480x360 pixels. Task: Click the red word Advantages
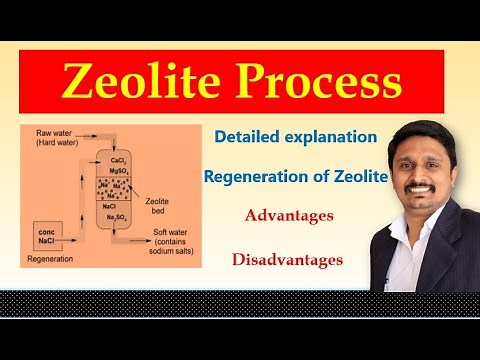tap(289, 216)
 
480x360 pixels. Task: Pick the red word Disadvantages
tap(288, 260)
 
